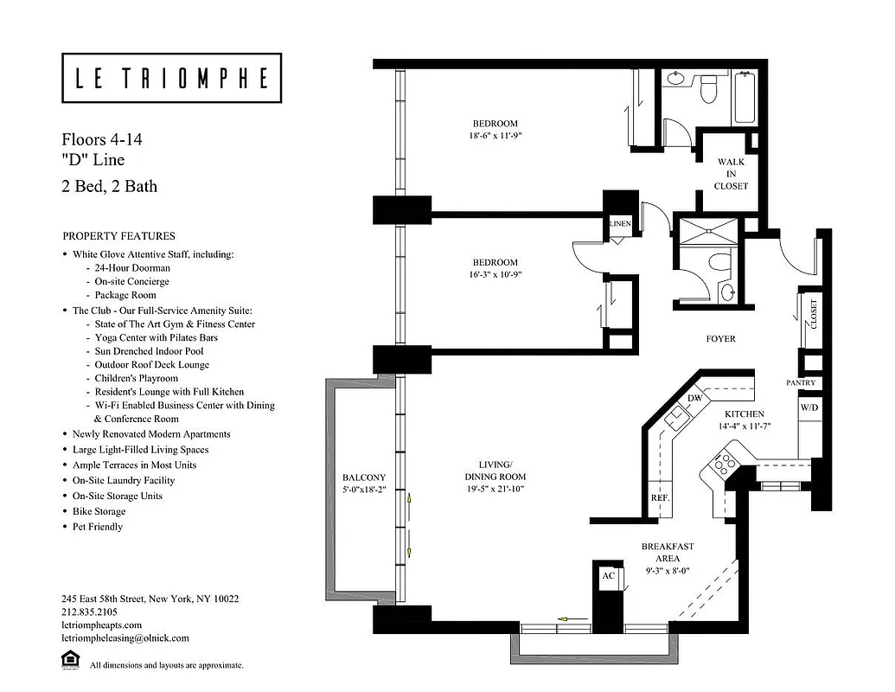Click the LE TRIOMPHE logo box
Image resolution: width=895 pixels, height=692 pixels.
[x=171, y=79]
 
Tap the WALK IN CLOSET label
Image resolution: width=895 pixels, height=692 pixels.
[x=731, y=174]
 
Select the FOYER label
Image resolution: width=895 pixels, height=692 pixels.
[x=720, y=339]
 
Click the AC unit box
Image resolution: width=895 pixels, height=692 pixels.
[x=607, y=576]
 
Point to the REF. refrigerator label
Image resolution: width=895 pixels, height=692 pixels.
[x=660, y=499]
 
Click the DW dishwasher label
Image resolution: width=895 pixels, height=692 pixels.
[x=694, y=398]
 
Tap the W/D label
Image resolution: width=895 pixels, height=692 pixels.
[x=809, y=407]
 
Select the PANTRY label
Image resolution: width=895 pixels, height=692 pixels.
[x=801, y=383]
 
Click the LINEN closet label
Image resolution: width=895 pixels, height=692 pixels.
[x=620, y=225]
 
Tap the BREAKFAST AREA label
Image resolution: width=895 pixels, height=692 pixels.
[x=667, y=553]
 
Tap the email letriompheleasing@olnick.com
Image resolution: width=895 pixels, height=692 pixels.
[x=125, y=638]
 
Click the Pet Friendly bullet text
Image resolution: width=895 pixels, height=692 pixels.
[x=98, y=527]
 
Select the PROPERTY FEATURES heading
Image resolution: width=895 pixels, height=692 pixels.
[x=118, y=236]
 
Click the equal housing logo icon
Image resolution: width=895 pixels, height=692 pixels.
[x=70, y=662]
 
